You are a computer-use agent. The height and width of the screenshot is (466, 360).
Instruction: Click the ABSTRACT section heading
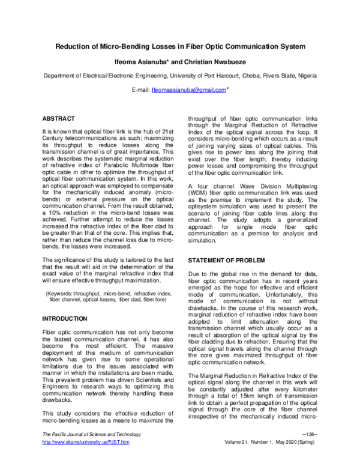58,119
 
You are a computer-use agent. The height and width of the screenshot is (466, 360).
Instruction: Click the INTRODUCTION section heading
65,318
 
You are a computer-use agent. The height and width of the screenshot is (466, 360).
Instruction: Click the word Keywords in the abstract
62,292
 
